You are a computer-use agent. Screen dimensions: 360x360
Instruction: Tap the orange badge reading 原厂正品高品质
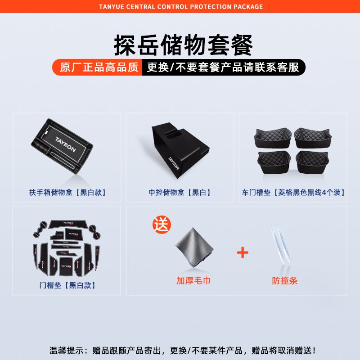(99, 67)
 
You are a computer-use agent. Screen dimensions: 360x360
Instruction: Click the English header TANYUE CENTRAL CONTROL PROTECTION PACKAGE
(180, 7)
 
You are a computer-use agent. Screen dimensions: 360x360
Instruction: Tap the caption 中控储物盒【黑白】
(180, 193)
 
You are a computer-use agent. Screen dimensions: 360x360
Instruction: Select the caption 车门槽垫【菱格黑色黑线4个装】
(293, 193)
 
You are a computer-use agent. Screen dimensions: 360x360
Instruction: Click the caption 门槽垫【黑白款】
(67, 285)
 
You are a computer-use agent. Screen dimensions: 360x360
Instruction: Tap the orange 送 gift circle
(162, 224)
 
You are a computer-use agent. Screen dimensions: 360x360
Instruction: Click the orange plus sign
(243, 252)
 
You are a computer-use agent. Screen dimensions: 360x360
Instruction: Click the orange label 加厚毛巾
(193, 281)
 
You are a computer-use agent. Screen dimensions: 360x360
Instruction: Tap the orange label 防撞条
(285, 281)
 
